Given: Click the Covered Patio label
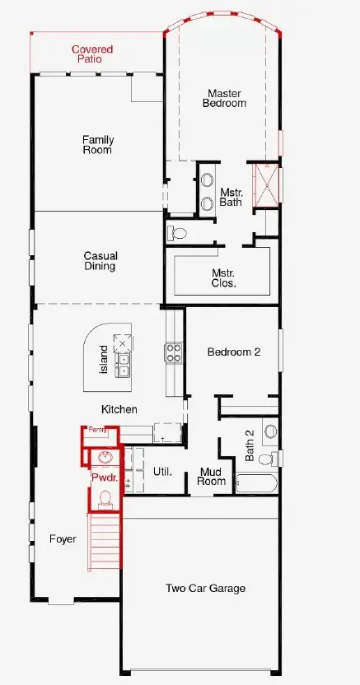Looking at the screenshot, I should (x=91, y=54).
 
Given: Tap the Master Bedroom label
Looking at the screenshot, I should (x=225, y=99).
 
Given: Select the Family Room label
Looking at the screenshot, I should (x=96, y=145).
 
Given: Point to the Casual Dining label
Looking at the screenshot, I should (x=99, y=261).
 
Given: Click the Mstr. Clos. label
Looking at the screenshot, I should (x=224, y=277).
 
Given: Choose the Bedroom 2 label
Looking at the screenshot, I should (x=233, y=352).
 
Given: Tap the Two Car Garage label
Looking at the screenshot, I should (x=205, y=588).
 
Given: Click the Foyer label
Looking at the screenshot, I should (x=62, y=539).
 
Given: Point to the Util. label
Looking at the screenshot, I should (x=161, y=472).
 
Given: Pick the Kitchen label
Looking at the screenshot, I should (x=119, y=409).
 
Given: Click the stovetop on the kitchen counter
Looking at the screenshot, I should (x=174, y=352).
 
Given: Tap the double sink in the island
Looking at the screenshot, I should (x=124, y=365).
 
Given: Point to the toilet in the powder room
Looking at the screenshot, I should (x=105, y=496).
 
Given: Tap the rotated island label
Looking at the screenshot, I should (x=104, y=360).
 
